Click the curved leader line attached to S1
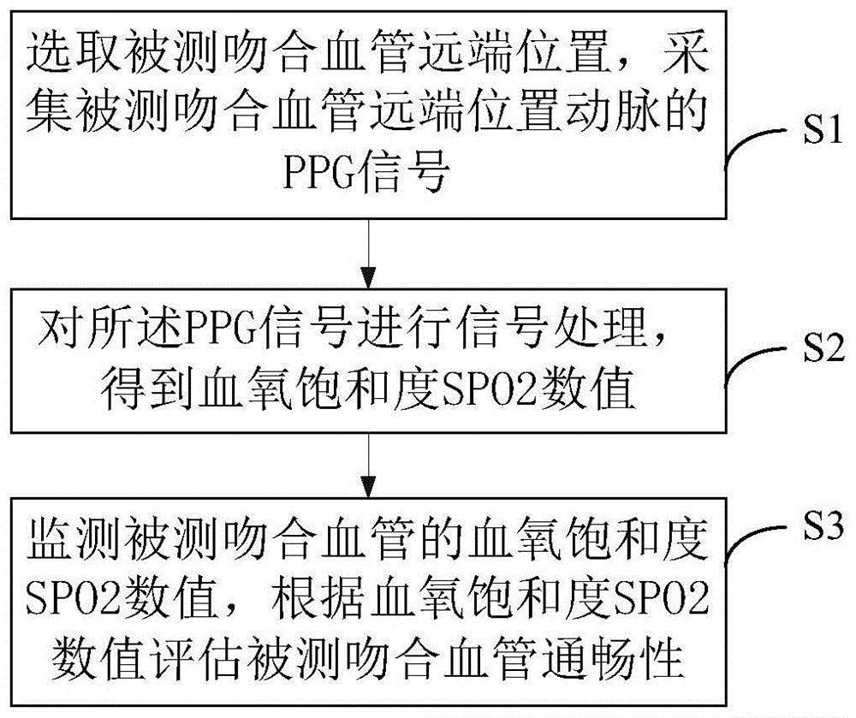coord(753,145)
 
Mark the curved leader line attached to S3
coord(753,535)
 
